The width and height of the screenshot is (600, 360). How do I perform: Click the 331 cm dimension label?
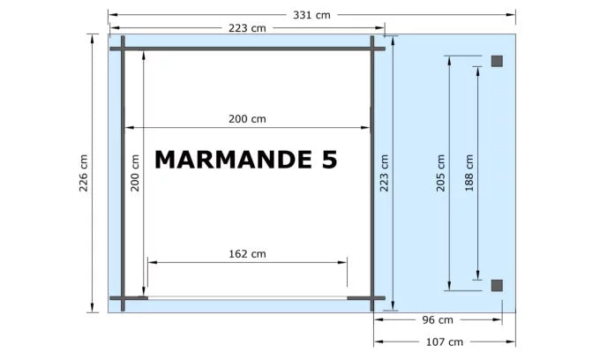pyautogui.click(x=311, y=14)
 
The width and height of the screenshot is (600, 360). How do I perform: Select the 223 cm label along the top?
pyautogui.click(x=247, y=28)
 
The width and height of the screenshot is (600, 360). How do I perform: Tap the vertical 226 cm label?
pyautogui.click(x=83, y=173)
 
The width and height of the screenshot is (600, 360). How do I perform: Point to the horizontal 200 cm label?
pyautogui.click(x=247, y=118)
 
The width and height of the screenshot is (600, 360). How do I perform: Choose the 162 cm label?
pyautogui.click(x=247, y=253)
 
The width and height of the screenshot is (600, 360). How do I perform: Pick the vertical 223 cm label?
pyautogui.click(x=384, y=173)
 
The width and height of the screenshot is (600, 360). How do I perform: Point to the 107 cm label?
pyautogui.click(x=444, y=341)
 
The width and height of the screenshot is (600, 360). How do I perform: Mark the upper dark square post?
pyautogui.click(x=497, y=61)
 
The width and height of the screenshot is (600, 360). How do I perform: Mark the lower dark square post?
pyautogui.click(x=497, y=284)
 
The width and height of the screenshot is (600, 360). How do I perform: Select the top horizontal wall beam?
pyautogui.click(x=247, y=49)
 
